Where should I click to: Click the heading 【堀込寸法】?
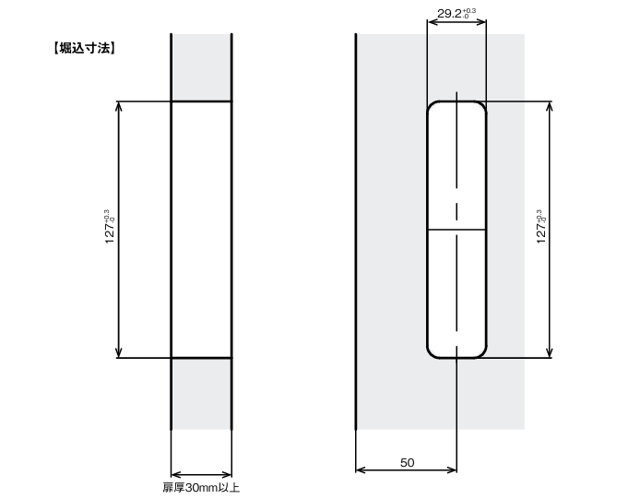coord(84,48)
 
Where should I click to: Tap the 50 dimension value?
coord(407,463)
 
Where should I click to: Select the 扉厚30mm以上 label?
coord(201,488)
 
